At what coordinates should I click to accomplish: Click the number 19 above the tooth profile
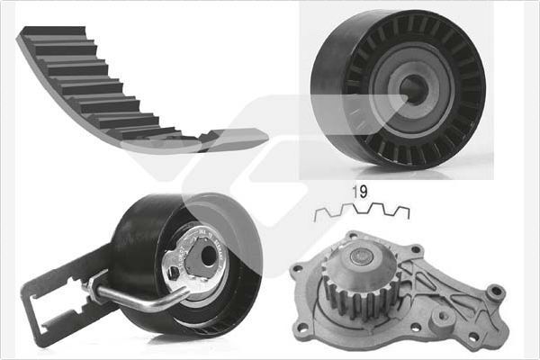tap(357, 192)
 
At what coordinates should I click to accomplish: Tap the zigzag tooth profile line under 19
tap(361, 212)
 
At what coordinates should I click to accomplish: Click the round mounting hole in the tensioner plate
tap(209, 256)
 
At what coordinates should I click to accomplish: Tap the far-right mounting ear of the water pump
tap(494, 292)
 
